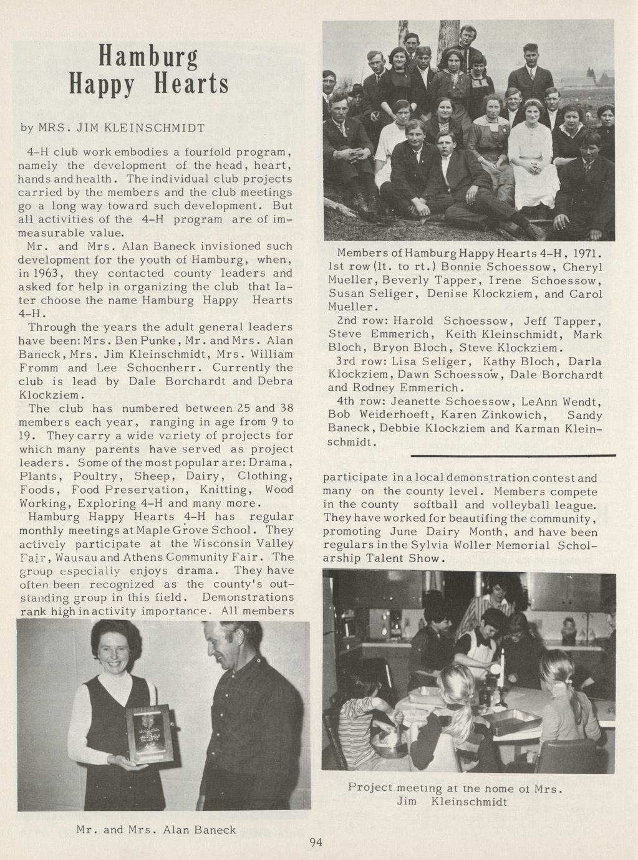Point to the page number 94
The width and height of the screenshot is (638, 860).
click(316, 843)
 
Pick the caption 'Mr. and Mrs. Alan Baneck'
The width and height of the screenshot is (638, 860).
click(156, 829)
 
